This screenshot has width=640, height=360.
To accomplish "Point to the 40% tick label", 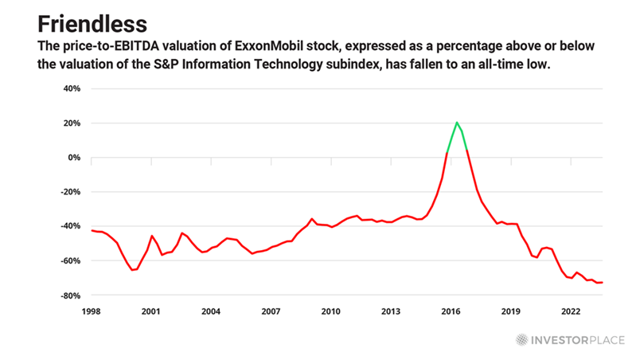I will coord(72,88).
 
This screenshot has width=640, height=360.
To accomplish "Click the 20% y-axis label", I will coord(72,123).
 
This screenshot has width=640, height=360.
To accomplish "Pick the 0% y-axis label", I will coord(75,157).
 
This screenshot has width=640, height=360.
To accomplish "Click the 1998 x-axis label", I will coord(91,311).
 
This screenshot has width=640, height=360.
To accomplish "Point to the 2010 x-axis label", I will coord(330,311).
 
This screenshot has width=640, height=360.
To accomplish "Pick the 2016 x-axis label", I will coord(451,311).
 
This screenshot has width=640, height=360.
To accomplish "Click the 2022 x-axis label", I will coord(571,311).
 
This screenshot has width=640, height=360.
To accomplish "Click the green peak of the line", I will coord(457,123).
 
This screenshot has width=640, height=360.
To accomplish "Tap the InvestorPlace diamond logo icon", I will coord(521,338).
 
